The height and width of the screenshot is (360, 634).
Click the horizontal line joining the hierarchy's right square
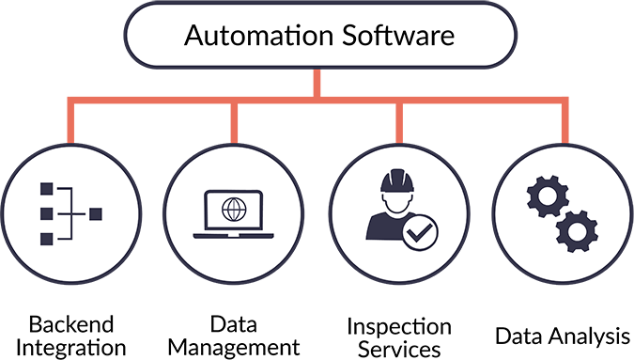click(x=81, y=215)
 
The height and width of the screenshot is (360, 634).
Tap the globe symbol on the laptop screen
click(x=229, y=206)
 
